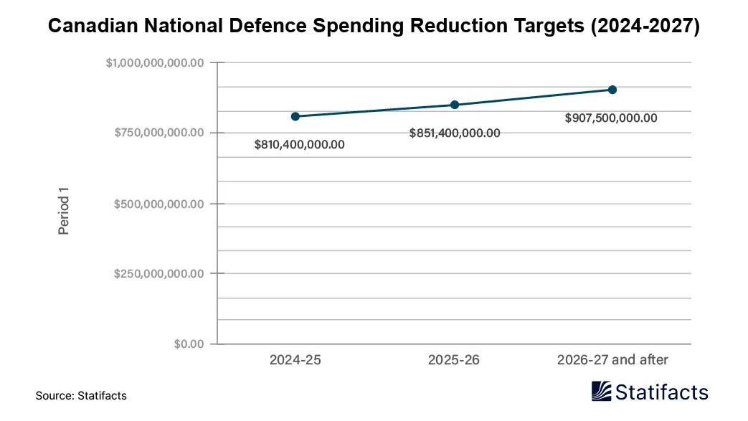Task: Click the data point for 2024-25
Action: click(295, 116)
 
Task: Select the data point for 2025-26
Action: click(455, 105)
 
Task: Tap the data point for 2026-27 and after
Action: click(612, 90)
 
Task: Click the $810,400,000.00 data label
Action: click(300, 144)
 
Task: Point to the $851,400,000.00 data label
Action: click(455, 133)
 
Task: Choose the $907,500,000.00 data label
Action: click(611, 118)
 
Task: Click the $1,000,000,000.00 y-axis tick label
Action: click(156, 63)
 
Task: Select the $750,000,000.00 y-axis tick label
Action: click(159, 133)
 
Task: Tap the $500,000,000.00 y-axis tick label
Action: click(159, 204)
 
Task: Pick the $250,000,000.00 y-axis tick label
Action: click(159, 273)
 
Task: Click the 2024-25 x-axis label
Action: click(295, 360)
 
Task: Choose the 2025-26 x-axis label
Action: click(454, 360)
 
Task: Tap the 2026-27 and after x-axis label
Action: click(612, 360)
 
